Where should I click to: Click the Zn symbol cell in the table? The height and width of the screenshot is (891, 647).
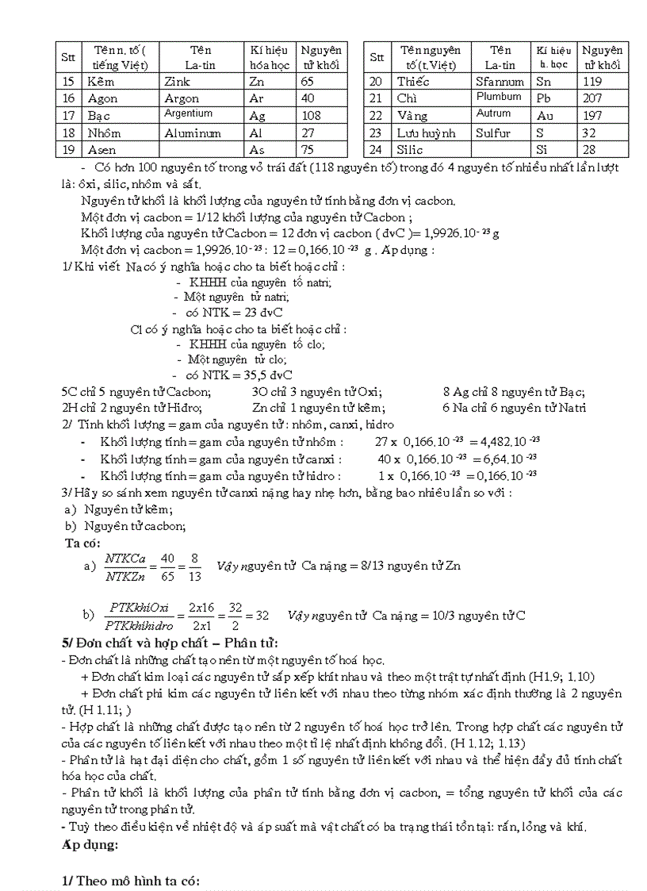(256, 82)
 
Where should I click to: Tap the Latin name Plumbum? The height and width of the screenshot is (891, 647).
(499, 97)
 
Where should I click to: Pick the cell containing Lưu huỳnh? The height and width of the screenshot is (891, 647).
(426, 133)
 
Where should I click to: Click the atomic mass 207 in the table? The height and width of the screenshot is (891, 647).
(591, 99)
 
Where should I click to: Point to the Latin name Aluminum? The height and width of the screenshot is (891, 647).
(193, 133)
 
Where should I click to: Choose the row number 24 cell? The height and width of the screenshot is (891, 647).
(376, 150)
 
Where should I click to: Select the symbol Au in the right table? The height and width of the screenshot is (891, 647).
(543, 116)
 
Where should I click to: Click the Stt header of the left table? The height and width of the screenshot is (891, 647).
(68, 58)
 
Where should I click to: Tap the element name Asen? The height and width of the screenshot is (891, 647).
(101, 150)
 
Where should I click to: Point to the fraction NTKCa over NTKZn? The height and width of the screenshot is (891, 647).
(124, 566)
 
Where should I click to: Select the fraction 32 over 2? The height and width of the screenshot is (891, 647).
(236, 616)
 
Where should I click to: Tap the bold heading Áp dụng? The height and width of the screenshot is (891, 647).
(90, 845)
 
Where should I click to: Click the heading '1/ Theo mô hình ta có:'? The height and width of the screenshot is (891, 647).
(131, 881)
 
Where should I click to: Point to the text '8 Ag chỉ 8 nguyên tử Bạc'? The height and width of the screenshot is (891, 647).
(514, 391)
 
